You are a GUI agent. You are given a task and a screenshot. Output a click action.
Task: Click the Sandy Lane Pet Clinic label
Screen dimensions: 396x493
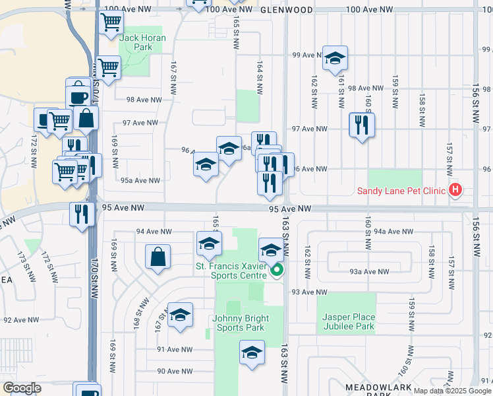click(402, 192)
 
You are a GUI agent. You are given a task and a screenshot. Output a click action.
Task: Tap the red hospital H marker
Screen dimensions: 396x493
click(455, 191)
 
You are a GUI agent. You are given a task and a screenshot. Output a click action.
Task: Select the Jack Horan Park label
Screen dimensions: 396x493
click(142, 43)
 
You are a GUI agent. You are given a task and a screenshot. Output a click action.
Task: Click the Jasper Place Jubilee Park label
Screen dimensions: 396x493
click(348, 321)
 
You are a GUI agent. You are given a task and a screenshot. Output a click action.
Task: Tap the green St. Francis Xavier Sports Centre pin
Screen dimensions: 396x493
click(277, 270)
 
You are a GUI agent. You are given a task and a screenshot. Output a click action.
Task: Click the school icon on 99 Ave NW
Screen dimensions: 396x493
click(335, 58)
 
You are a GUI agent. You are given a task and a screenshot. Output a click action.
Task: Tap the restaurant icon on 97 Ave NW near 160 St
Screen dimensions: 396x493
click(361, 124)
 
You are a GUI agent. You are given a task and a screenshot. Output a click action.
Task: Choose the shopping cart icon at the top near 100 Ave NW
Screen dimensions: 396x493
click(111, 22)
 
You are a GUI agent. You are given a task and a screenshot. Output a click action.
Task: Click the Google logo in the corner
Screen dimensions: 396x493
click(22, 388)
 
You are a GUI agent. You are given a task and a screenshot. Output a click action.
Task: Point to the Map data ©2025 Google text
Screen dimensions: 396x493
click(453, 390)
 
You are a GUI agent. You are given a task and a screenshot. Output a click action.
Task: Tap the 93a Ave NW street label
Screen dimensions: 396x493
click(368, 271)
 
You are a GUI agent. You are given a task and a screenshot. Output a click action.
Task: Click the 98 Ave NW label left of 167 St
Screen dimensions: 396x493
click(144, 100)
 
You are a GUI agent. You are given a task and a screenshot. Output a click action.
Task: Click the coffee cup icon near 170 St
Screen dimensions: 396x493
click(78, 96)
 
